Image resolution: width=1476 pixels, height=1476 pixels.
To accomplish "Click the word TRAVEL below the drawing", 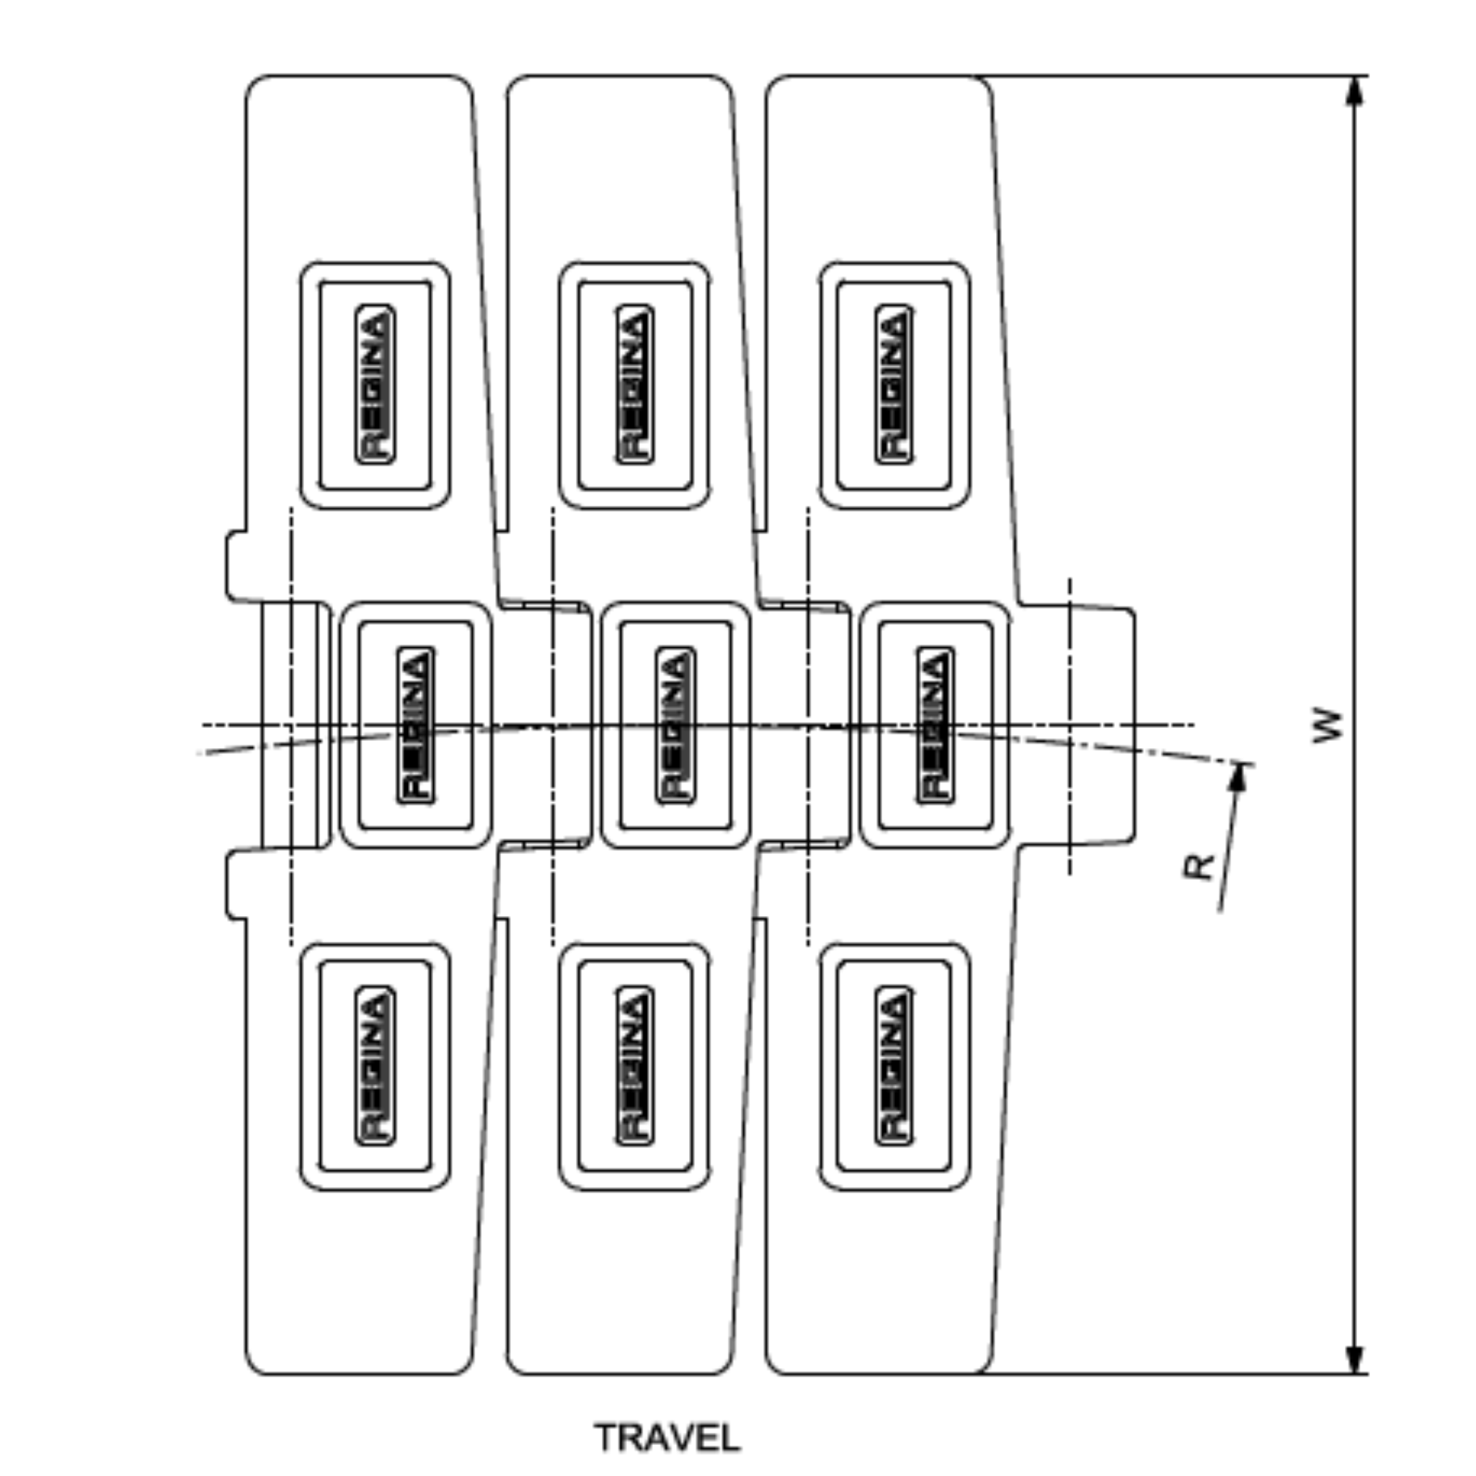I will (667, 1438).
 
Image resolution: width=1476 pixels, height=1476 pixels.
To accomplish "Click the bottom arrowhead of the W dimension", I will (1354, 1359).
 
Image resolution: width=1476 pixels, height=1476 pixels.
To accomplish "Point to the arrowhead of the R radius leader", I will (1238, 778).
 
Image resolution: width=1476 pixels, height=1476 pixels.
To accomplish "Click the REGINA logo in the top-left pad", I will (375, 384).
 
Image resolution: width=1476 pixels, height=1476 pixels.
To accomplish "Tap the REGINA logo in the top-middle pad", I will (635, 384).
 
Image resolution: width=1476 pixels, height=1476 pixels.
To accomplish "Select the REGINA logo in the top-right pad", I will (894, 384).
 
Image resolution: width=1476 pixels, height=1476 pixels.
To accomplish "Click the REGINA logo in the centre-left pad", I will (416, 725).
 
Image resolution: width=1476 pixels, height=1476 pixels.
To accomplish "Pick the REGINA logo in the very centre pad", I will (675, 725).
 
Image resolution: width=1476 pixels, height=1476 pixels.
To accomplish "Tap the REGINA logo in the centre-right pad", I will (935, 725).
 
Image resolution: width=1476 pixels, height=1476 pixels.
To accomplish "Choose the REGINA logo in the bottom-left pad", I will (375, 1066).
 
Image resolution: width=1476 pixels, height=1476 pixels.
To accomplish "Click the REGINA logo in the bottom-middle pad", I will (635, 1066).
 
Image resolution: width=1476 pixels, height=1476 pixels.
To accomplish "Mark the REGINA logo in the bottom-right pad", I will (894, 1066).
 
